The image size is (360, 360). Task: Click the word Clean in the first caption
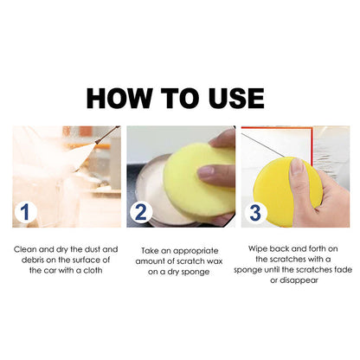tap(27, 247)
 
